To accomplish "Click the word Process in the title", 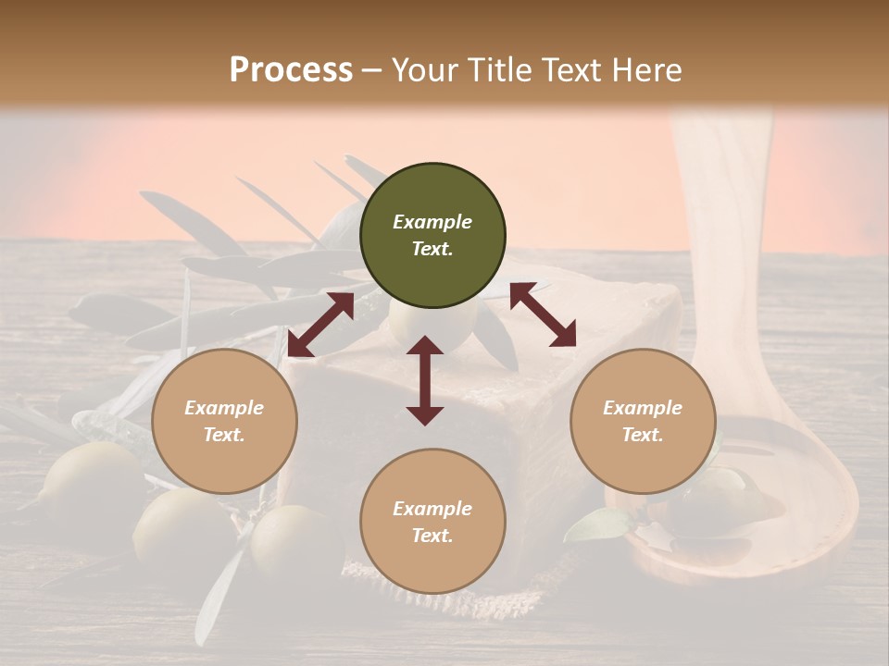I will (x=291, y=70).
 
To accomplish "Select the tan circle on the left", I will (x=224, y=421).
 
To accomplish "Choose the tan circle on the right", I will (x=643, y=421).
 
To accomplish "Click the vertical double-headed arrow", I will (x=425, y=380).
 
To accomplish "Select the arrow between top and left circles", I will (x=320, y=325).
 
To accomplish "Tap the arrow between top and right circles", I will (x=543, y=314).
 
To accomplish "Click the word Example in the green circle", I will (x=432, y=222).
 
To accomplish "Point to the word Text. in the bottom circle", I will (x=432, y=536).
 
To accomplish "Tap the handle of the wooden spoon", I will (x=732, y=231).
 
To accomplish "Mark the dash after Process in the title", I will (x=371, y=70).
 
